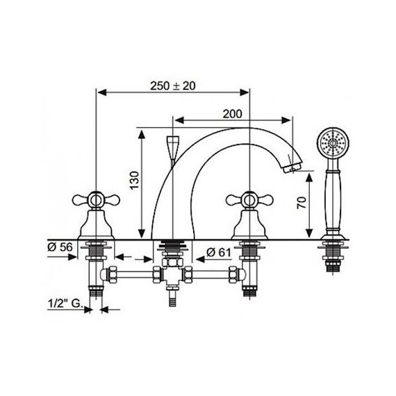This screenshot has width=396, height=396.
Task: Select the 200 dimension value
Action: click(233, 113)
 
